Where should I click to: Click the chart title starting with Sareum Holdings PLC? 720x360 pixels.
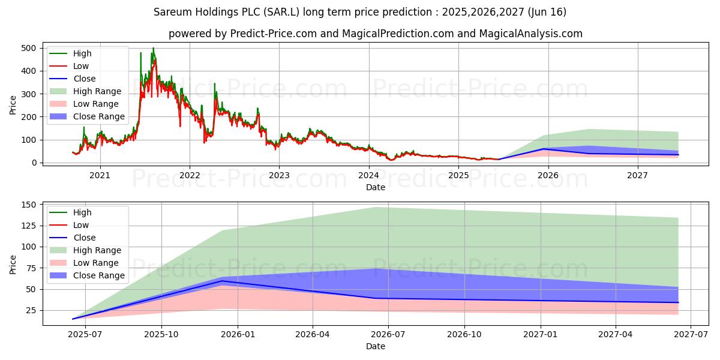coord(359,12)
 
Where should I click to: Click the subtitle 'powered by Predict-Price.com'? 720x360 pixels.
coord(375,34)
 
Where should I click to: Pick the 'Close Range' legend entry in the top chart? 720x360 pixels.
coord(99,116)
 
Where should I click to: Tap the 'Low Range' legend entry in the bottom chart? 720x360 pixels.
coord(96,263)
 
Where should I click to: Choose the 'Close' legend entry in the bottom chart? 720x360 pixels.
coord(84,238)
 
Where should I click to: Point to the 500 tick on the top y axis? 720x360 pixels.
coord(29,48)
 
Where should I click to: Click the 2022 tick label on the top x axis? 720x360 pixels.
coord(190,175)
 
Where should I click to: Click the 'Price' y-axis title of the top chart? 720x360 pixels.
coord(13,105)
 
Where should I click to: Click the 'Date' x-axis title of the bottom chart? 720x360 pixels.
coord(375,346)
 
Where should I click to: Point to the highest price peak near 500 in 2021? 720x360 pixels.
coord(153,48)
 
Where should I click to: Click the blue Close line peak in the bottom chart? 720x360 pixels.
coord(222,281)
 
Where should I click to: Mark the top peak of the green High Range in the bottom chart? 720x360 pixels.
coord(376,208)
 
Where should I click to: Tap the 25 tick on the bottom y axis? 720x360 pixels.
coord(31,310)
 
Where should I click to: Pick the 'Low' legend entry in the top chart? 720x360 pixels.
coord(81,66)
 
